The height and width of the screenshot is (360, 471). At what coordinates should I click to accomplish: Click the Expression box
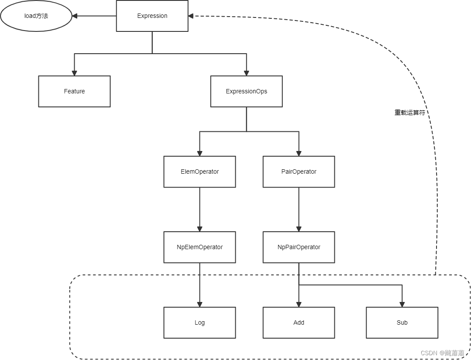point(152,16)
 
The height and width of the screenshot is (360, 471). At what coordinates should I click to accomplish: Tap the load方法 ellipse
point(36,16)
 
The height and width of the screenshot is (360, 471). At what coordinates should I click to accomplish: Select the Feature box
point(74,91)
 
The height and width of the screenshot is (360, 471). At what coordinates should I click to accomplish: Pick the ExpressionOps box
point(246,91)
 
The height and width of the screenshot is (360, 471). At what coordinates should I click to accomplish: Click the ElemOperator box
point(199,171)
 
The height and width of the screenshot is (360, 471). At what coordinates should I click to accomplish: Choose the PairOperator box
point(299,171)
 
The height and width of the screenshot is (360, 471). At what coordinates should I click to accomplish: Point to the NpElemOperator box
point(199,247)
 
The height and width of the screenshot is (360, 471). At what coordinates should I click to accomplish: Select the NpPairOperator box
point(299,247)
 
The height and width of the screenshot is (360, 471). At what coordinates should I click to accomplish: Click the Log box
point(199,322)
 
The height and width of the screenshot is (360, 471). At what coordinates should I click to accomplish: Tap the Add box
point(299,322)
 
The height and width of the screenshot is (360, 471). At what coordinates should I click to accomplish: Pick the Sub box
point(402,322)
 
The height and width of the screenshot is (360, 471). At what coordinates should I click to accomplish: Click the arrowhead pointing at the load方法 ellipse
point(75,16)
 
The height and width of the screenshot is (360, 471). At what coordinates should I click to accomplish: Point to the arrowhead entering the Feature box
point(74,72)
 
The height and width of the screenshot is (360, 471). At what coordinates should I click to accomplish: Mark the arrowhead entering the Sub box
point(402,304)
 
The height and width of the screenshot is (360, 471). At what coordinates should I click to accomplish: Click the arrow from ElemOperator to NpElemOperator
point(199,209)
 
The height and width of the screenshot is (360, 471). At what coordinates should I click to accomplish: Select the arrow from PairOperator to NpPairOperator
point(299,209)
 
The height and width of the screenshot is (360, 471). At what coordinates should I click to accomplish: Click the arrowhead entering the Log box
point(199,304)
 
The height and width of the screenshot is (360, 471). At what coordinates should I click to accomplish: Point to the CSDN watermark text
point(443,353)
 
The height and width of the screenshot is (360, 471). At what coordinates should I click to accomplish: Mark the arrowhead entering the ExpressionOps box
point(246,72)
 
